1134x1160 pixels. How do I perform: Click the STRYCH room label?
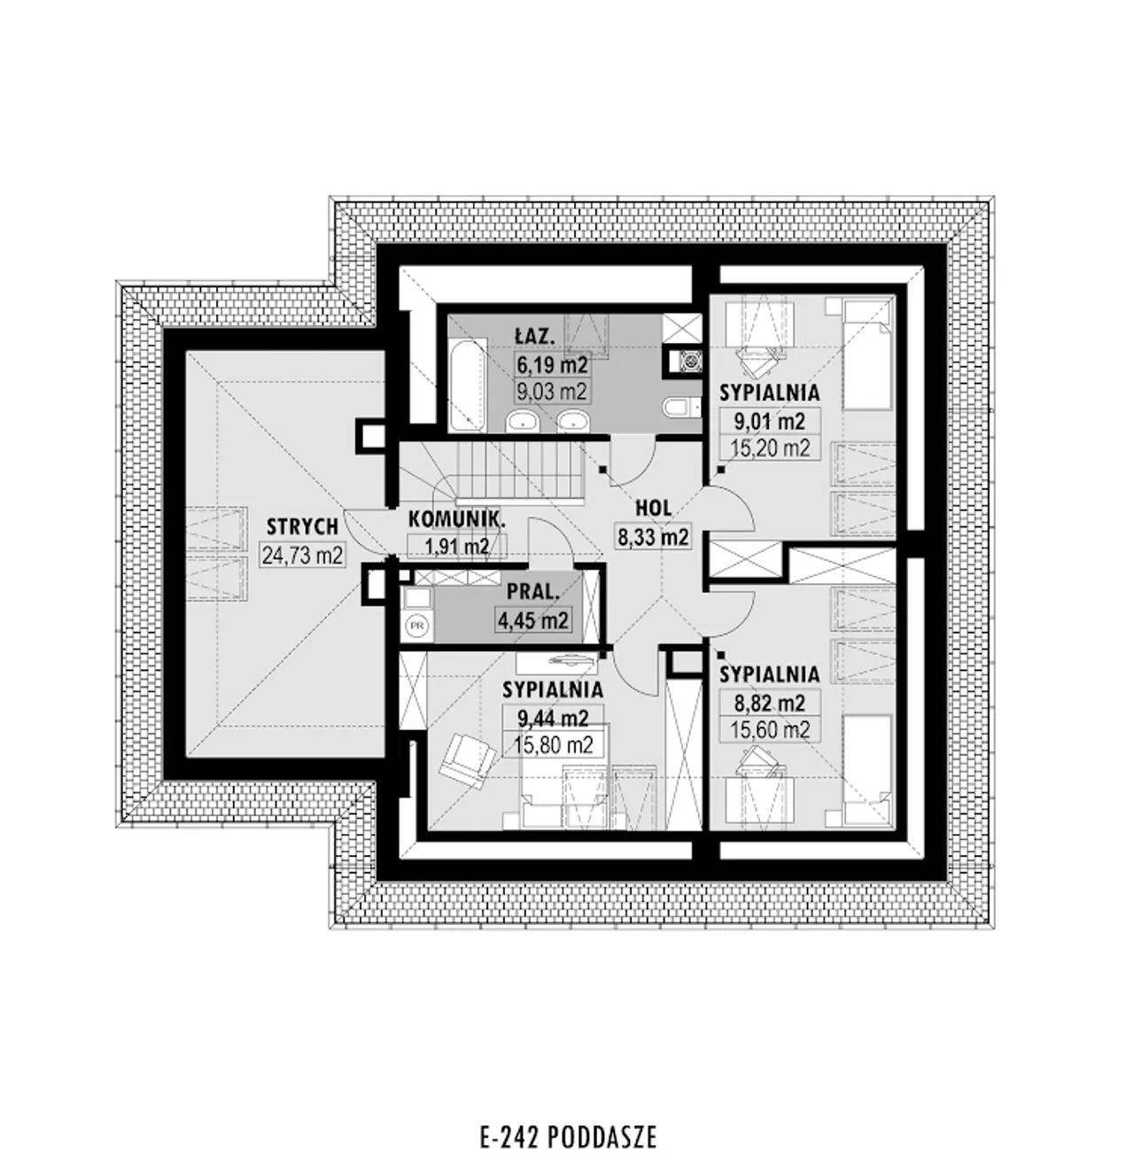(302, 527)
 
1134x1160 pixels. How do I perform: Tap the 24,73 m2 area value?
(303, 556)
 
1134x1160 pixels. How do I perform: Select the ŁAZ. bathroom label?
(535, 337)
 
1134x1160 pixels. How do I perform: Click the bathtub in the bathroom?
(469, 385)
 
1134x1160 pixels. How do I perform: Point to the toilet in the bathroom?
(678, 407)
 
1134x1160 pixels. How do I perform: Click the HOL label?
(654, 508)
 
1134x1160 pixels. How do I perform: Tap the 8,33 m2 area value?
(653, 537)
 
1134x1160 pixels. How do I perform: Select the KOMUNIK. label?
(456, 519)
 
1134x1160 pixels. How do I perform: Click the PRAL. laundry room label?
(533, 592)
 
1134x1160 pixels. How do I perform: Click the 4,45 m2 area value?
(532, 620)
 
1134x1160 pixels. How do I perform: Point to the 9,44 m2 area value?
(553, 719)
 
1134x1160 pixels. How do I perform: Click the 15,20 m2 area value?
(771, 448)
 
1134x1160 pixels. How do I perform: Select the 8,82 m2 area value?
(770, 704)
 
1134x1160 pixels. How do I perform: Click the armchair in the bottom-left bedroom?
(468, 756)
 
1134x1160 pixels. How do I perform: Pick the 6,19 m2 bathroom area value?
(552, 363)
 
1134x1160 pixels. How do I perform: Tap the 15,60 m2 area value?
(770, 729)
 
